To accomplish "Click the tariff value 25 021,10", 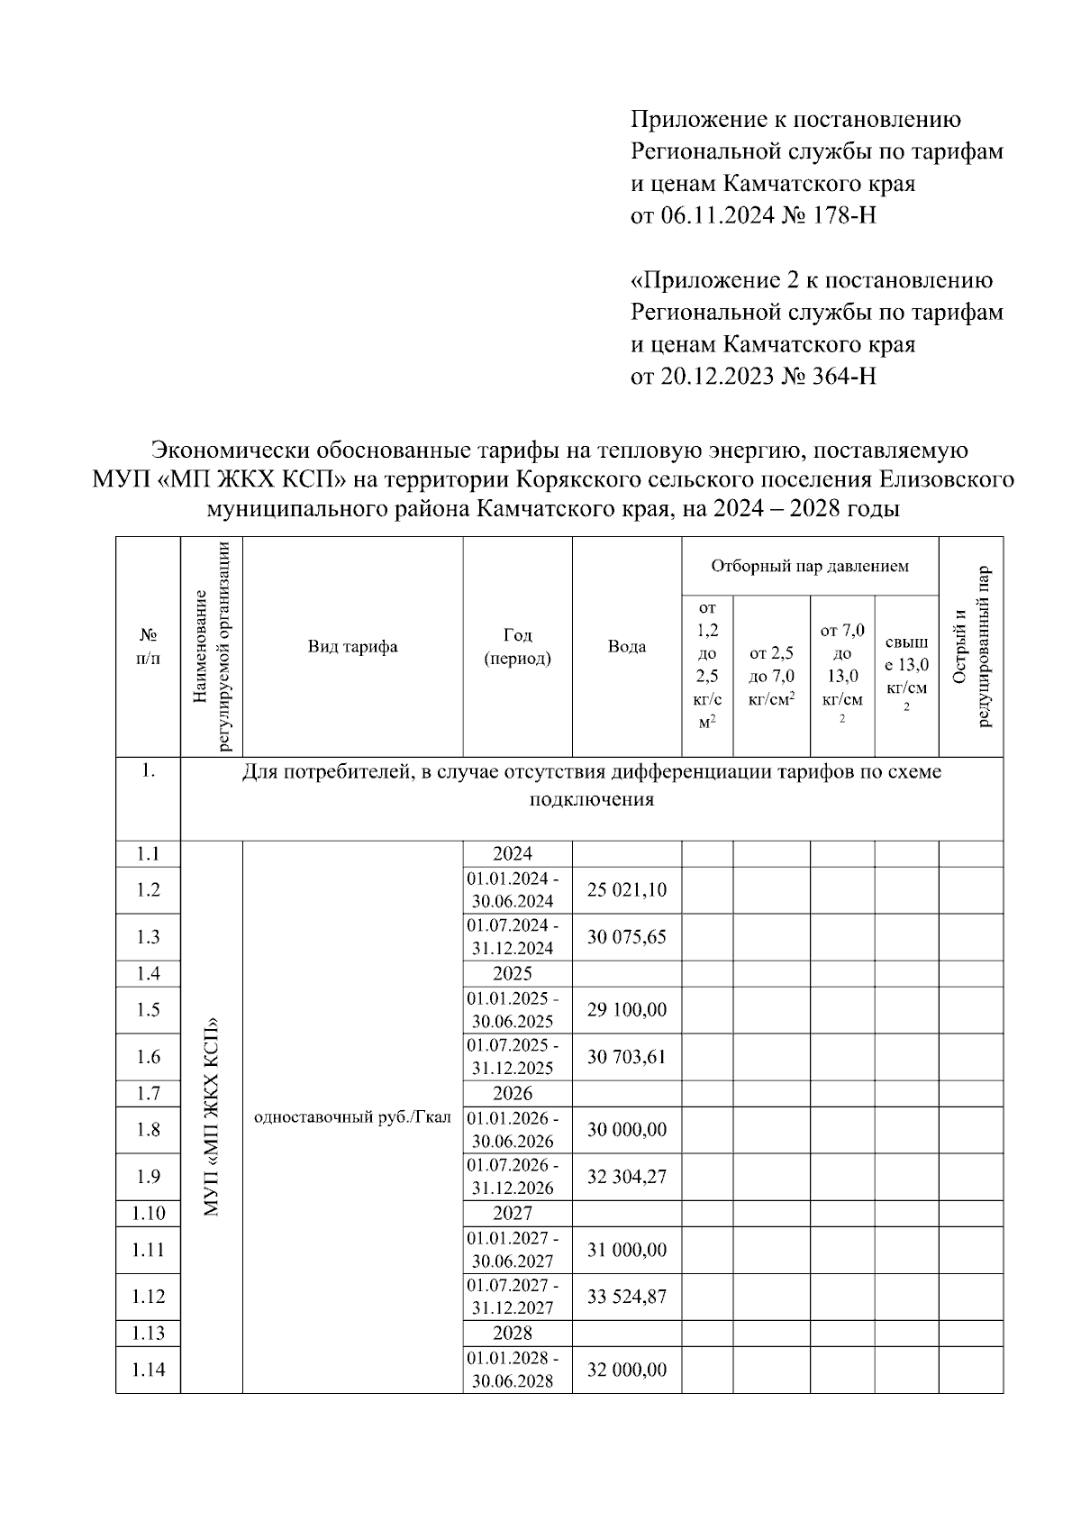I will (627, 890).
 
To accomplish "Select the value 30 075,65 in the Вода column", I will (627, 937).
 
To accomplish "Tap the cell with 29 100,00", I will (627, 1010).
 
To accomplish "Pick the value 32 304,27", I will (627, 1177).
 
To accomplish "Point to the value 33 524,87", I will (627, 1297).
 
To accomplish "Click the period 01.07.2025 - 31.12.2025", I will (517, 1057).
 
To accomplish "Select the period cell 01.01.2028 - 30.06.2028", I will (517, 1370).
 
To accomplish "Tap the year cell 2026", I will (513, 1093).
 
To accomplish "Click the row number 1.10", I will (149, 1213).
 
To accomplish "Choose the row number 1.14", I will (149, 1370).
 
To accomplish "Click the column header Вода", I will (627, 646).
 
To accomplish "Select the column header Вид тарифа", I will (352, 646).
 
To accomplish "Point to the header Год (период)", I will (517, 646).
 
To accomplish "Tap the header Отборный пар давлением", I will (810, 566).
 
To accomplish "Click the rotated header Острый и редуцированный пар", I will (971, 646).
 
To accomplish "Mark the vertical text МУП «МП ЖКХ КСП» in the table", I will (212, 1117).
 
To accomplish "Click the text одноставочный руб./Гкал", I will (352, 1117).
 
